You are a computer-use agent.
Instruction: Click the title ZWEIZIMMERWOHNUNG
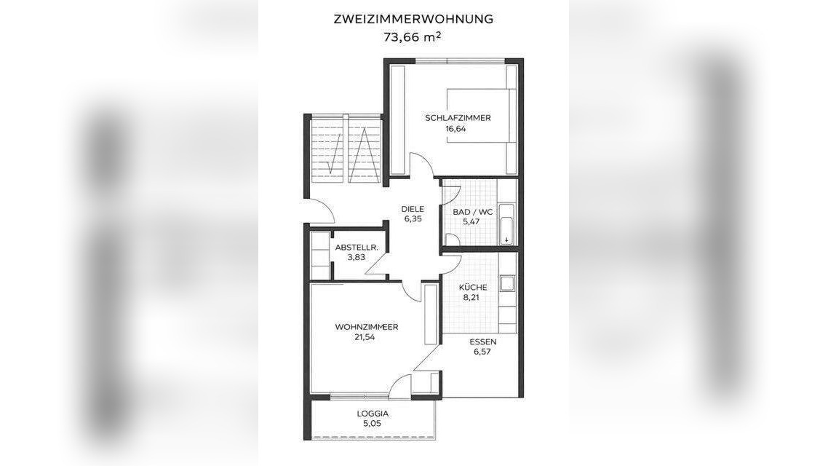413,19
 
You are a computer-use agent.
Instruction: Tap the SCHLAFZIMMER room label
457,118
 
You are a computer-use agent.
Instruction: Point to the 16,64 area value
456,129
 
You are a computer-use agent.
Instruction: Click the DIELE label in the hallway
413,209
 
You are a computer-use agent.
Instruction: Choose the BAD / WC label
472,212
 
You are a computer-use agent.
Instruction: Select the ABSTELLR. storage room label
357,248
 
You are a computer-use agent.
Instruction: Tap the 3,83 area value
356,257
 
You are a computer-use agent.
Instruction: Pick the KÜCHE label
472,287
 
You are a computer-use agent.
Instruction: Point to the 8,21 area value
471,297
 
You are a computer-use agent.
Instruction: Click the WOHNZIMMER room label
366,327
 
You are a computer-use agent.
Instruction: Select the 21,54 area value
365,337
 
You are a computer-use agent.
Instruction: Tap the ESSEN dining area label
483,341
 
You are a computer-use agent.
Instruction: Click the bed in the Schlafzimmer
480,116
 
